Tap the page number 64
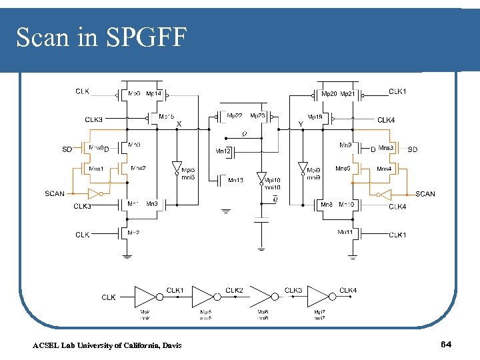446,344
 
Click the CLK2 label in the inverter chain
234,291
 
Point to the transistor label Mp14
153,94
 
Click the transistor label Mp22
235,115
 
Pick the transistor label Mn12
223,151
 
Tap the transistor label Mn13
236,180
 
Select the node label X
179,123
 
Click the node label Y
301,123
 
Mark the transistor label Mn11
345,232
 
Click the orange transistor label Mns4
384,169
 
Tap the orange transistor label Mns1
97,169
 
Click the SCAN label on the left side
55,194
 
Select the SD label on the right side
413,149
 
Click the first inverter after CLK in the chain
147,296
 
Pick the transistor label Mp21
348,94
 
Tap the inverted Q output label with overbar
275,199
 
